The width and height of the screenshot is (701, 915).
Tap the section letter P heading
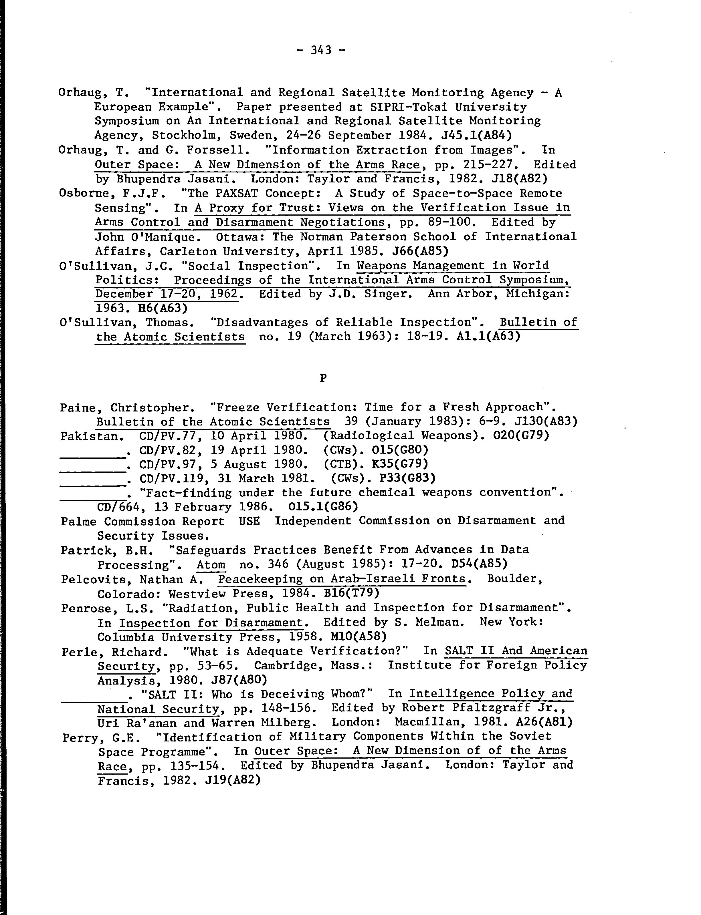click(x=322, y=378)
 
